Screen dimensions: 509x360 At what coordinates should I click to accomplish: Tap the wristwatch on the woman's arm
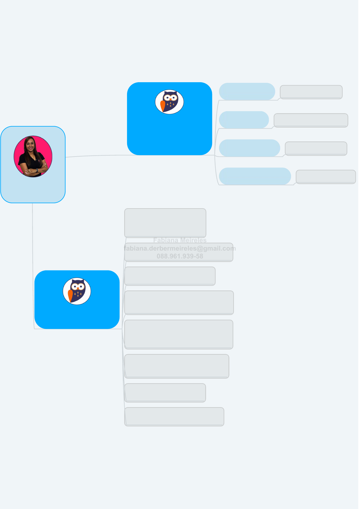click(37, 170)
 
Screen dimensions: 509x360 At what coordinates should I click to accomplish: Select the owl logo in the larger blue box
click(169, 102)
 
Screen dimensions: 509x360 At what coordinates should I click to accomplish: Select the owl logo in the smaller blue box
click(77, 291)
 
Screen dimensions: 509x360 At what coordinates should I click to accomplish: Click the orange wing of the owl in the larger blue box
click(163, 106)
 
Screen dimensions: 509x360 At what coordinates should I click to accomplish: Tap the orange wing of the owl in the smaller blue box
click(70, 295)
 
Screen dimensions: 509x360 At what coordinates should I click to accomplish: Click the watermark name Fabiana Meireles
click(180, 240)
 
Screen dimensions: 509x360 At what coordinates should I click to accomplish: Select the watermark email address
click(180, 248)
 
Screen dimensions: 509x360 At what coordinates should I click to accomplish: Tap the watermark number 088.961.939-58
click(180, 256)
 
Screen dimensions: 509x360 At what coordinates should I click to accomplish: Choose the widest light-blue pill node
click(255, 176)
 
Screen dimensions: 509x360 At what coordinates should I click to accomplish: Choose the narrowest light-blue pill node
click(244, 120)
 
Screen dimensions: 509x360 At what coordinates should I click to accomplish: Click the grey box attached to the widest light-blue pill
click(326, 177)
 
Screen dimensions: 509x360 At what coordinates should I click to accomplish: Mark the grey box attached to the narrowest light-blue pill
click(311, 120)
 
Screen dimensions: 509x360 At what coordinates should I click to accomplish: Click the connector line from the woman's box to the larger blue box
click(97, 156)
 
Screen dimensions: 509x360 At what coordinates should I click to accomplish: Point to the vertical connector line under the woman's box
click(33, 257)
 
